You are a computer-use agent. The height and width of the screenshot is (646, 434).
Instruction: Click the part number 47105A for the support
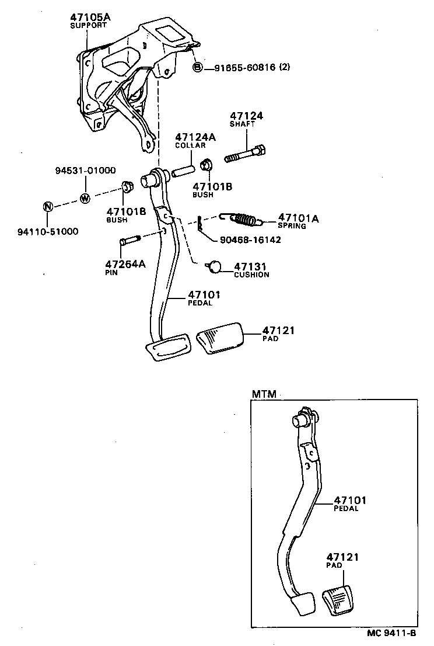point(90,18)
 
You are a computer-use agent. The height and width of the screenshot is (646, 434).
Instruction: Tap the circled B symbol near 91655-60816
point(197,68)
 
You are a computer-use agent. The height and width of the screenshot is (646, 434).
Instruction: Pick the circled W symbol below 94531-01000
point(85,198)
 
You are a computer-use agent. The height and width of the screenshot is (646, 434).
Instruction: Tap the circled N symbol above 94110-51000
point(48,206)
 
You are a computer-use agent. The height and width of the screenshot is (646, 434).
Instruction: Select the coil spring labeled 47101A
point(243,219)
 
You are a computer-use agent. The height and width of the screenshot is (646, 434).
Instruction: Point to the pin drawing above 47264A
point(129,240)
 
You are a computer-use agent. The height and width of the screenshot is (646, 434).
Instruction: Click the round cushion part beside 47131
point(215,266)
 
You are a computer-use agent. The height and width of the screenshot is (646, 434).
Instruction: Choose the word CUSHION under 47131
point(251,275)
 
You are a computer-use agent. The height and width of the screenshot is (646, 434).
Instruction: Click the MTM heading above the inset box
point(264,394)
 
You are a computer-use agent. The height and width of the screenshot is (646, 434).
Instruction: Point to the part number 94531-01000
point(85,171)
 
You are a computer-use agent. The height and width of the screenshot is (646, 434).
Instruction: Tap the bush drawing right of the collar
point(206,166)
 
